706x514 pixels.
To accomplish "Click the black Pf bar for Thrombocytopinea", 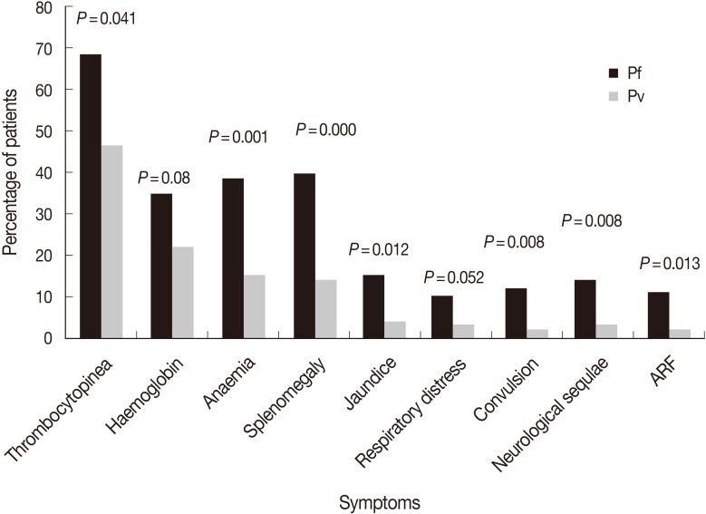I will pos(90,196).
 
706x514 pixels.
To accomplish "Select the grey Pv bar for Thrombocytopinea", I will pos(112,241).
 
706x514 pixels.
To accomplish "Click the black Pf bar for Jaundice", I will pos(374,306).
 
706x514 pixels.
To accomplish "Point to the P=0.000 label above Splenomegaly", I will pos(326,131).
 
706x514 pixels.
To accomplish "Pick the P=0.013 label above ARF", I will pos(672,264).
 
